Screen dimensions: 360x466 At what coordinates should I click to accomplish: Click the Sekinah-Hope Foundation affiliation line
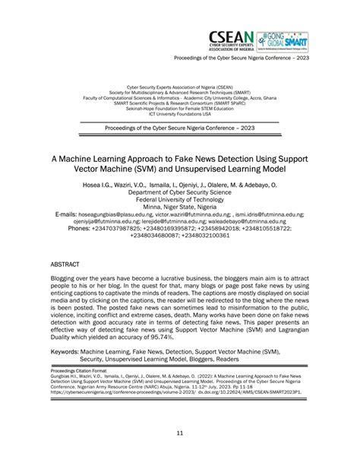180,108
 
